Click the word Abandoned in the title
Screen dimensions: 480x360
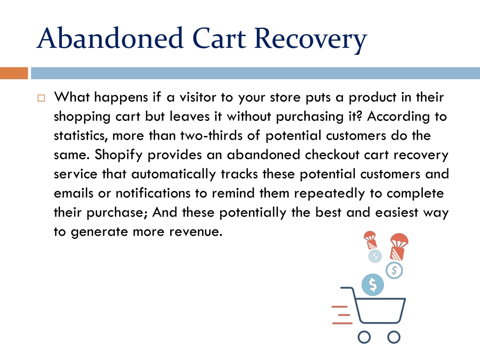110,38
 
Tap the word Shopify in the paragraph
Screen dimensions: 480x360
119,155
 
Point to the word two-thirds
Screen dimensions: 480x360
211,135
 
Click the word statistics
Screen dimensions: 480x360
81,136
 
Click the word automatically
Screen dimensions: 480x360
173,174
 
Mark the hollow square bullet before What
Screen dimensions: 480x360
41,98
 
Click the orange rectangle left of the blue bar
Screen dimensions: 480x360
14,73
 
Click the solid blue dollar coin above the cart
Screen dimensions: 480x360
373,285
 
